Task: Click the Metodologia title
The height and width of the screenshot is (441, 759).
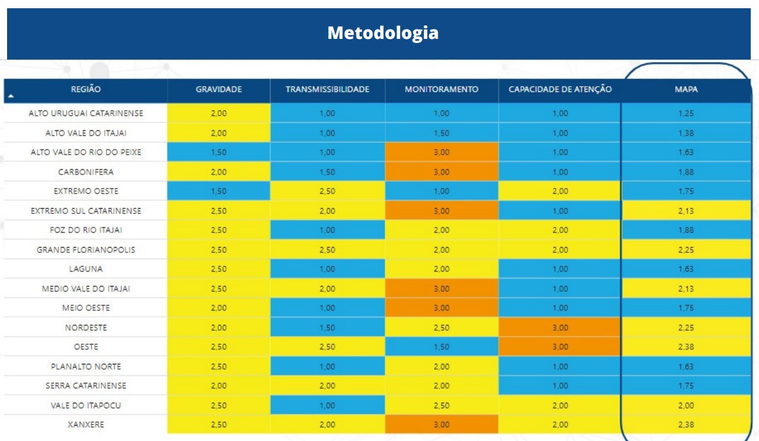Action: pyautogui.click(x=383, y=33)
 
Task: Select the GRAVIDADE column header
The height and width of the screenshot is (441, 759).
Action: pyautogui.click(x=219, y=90)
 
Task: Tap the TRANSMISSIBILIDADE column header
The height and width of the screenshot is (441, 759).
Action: pyautogui.click(x=327, y=90)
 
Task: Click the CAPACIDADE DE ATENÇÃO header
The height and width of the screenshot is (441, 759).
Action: pyautogui.click(x=560, y=90)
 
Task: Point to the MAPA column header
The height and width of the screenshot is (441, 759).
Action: pyautogui.click(x=686, y=90)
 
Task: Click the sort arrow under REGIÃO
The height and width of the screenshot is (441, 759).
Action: pyautogui.click(x=11, y=96)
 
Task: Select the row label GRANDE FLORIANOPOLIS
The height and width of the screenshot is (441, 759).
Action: pyautogui.click(x=85, y=250)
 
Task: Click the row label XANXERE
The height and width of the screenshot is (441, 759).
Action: pyautogui.click(x=85, y=424)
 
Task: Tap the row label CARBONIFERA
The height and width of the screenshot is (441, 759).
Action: pyautogui.click(x=85, y=172)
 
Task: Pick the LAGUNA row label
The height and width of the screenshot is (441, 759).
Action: pyautogui.click(x=85, y=269)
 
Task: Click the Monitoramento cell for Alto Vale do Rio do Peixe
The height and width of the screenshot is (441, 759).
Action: pyautogui.click(x=441, y=152)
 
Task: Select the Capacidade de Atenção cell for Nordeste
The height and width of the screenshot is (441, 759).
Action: pyautogui.click(x=560, y=327)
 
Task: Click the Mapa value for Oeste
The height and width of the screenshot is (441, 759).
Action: pyautogui.click(x=686, y=347)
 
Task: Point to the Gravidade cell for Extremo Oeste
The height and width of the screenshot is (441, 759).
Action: pyautogui.click(x=219, y=191)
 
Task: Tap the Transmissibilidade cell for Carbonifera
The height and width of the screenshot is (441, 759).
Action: pyautogui.click(x=327, y=172)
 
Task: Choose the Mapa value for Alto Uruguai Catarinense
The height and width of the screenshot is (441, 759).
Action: pyautogui.click(x=686, y=113)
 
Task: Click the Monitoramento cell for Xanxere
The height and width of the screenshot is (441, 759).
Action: pyautogui.click(x=441, y=424)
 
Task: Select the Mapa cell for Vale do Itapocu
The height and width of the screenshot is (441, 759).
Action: pyautogui.click(x=686, y=405)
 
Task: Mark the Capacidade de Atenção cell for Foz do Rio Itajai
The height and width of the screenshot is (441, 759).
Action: pyautogui.click(x=560, y=230)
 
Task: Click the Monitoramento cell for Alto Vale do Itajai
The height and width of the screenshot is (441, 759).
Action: pyautogui.click(x=441, y=133)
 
